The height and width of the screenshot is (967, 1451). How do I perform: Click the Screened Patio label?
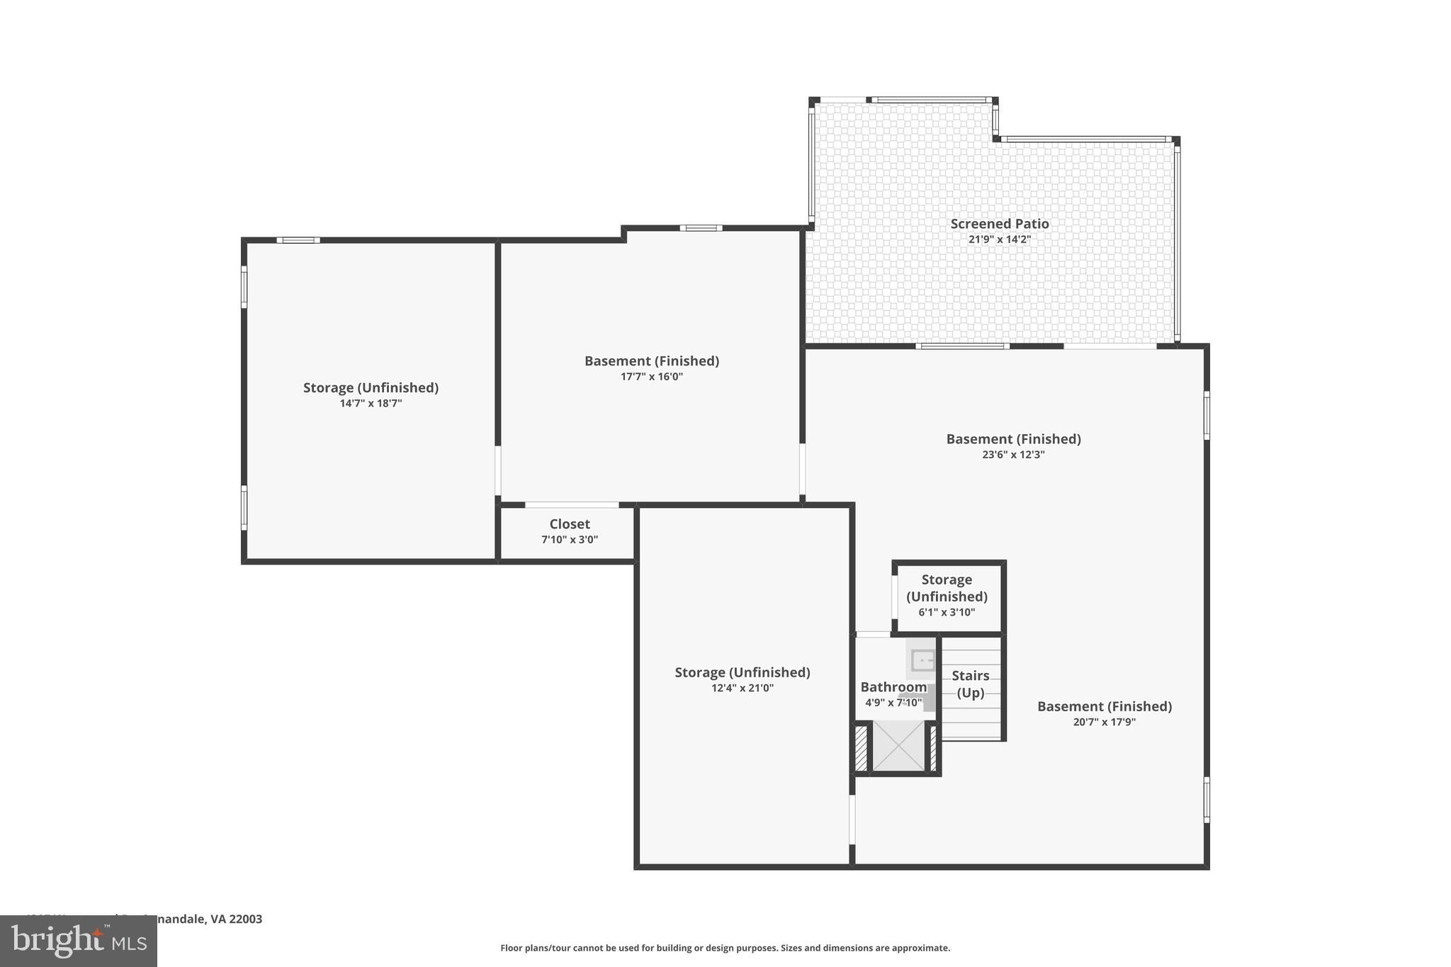[x=999, y=224]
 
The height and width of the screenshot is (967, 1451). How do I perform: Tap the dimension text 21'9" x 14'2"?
[x=999, y=239]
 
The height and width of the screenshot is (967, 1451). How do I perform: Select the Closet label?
[x=570, y=524]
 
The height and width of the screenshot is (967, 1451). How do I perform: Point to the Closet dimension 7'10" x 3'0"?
[x=570, y=540]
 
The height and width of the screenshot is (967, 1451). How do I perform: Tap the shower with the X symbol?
[x=898, y=745]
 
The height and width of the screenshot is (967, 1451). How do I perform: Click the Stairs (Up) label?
[x=970, y=684]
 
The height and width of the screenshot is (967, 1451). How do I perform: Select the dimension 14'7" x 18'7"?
[x=371, y=404]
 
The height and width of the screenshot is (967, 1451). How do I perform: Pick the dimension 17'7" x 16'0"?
[x=651, y=377]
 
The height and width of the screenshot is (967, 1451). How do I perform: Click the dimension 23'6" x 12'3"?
[x=1013, y=455]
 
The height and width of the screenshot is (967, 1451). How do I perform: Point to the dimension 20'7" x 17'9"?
[x=1104, y=723]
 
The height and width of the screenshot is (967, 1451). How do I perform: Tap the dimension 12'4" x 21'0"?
[x=742, y=688]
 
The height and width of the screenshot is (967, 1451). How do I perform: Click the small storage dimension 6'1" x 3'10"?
[x=947, y=612]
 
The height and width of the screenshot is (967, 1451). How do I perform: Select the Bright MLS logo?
[x=79, y=941]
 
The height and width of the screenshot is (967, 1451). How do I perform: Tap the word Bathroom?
[x=893, y=687]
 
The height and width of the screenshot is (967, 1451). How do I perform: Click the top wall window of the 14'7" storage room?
[x=298, y=240]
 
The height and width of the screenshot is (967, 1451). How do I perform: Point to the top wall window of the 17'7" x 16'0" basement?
[x=701, y=228]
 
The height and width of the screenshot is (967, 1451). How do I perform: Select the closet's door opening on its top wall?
[x=572, y=505]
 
